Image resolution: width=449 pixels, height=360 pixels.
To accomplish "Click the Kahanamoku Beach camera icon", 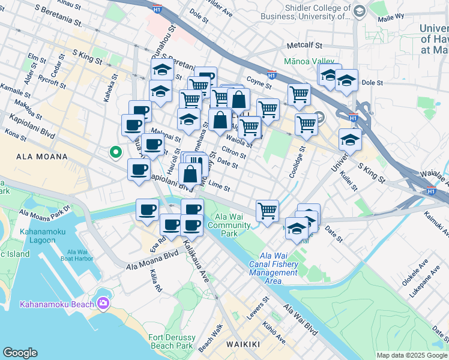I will (103, 304).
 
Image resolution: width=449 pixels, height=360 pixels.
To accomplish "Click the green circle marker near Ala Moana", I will (115, 152).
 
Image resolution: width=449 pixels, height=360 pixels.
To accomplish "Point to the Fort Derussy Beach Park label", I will (172, 341).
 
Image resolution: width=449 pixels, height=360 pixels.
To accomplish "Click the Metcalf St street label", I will (304, 45).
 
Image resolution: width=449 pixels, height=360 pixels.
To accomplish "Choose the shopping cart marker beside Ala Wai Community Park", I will (267, 211).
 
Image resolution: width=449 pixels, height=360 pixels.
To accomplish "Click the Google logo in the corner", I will (20, 353).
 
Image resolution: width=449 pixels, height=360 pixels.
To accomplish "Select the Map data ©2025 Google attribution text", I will (412, 355).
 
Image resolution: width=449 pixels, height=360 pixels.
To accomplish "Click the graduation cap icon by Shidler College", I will (359, 11).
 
